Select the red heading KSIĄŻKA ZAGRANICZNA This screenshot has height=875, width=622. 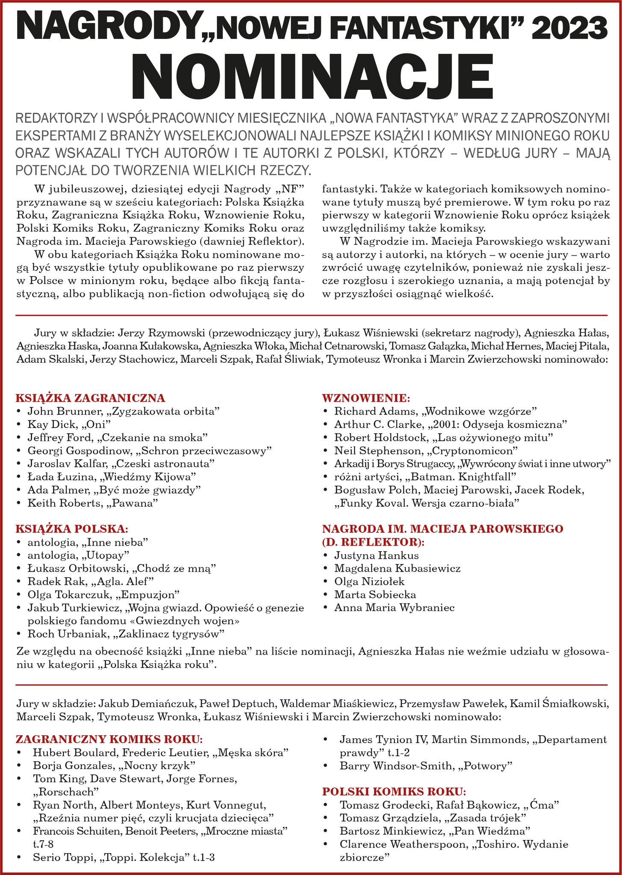pos(90,398)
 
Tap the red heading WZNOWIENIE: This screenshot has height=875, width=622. pos(366,398)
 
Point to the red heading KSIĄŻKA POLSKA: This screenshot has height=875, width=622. pos(72,529)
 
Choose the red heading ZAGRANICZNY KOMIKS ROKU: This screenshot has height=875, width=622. pos(109,740)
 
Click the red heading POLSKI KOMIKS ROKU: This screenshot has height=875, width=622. pos(394,791)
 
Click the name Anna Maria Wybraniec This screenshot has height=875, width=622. pos(394,608)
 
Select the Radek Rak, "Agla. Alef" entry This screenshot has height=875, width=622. pos(90,581)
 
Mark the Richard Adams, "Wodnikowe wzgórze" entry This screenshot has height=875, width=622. pos(435,411)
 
